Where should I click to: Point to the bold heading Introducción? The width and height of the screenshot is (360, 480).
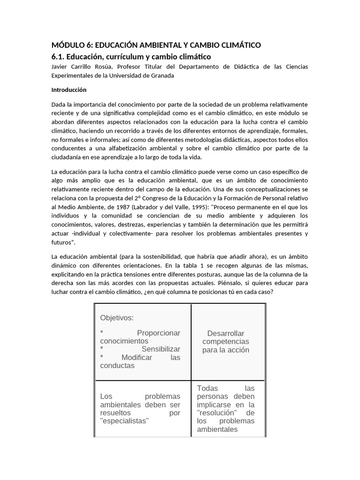click(69, 90)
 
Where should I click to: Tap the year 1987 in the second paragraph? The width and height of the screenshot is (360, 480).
click(120, 207)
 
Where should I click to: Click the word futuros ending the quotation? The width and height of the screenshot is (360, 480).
click(62, 242)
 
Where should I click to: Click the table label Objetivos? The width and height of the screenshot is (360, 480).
click(117, 318)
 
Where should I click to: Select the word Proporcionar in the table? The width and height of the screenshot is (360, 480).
click(158, 333)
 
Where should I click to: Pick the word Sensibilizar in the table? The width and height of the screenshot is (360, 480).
click(161, 349)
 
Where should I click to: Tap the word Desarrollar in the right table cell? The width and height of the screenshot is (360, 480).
click(225, 333)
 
